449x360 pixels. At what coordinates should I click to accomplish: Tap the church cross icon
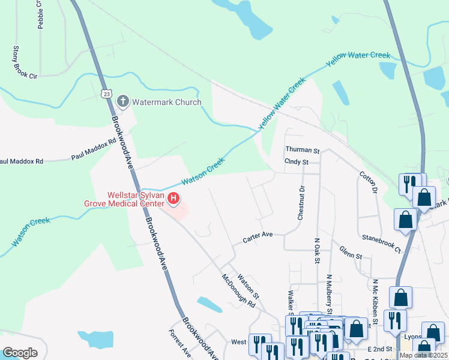(123, 101)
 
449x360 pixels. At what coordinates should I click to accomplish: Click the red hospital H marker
(173, 197)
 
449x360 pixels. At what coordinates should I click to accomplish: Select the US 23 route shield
(106, 94)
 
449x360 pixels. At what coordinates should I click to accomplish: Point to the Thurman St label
(303, 150)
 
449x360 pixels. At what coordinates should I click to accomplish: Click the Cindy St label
(297, 162)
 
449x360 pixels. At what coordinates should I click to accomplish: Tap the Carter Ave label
(258, 238)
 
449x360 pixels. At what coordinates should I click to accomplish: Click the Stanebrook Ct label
(381, 242)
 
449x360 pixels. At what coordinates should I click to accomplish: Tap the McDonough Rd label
(238, 291)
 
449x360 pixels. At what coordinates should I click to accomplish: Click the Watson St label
(248, 287)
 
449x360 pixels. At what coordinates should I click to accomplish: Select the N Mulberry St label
(328, 294)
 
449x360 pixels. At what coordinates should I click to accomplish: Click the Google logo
(20, 352)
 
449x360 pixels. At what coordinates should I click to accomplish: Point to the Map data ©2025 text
(423, 355)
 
